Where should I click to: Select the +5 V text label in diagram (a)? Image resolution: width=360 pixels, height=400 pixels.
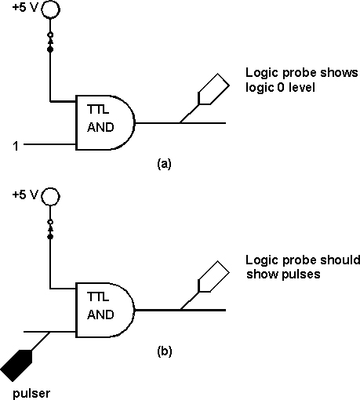[x=25, y=8]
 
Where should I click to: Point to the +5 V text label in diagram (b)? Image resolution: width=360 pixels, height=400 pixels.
[x=25, y=195]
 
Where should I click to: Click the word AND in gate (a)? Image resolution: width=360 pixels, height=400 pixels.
[x=100, y=127]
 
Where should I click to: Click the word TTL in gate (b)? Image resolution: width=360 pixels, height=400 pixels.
[x=98, y=296]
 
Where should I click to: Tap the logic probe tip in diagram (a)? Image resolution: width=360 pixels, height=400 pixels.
[x=180, y=122]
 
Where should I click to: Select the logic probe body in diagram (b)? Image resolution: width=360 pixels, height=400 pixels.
[x=214, y=276]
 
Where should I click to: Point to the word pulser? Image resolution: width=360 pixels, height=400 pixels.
[x=31, y=393]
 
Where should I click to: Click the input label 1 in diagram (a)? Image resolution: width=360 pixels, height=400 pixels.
[x=16, y=146]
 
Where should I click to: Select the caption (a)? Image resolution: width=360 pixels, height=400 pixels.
[x=164, y=164]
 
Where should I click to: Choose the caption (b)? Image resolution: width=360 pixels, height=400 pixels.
[x=165, y=351]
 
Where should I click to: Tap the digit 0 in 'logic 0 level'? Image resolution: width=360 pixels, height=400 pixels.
[x=280, y=87]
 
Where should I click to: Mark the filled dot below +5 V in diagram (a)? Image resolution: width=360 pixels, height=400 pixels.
[x=50, y=49]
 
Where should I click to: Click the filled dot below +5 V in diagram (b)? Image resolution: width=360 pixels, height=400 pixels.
[x=50, y=236]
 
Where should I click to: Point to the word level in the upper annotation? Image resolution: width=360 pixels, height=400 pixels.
[x=302, y=87]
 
